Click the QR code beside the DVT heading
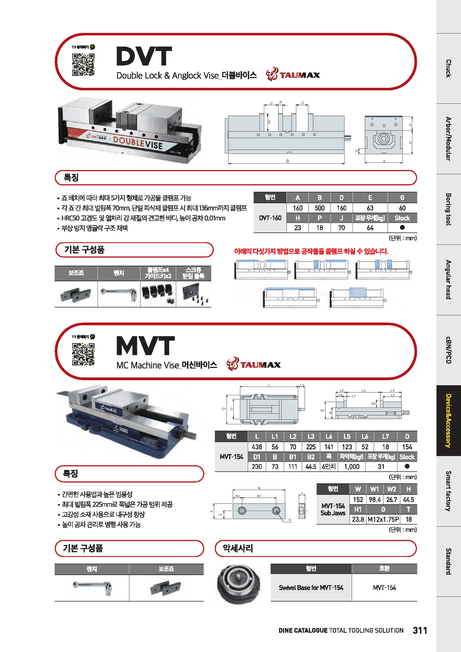(83, 65)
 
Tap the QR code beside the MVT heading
(83, 354)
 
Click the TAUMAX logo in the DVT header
(293, 75)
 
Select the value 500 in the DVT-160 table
(319, 208)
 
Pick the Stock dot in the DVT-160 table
(402, 227)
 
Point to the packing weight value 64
(370, 228)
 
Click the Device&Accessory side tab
(448, 421)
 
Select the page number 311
(420, 631)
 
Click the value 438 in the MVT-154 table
(257, 447)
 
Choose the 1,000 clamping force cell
(351, 467)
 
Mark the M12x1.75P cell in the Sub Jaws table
(383, 519)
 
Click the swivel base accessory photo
(239, 584)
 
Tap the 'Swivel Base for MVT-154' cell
(311, 588)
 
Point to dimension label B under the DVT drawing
(287, 161)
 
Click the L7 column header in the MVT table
(385, 437)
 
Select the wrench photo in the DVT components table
(119, 294)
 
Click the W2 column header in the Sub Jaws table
(391, 489)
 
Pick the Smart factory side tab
(448, 491)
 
